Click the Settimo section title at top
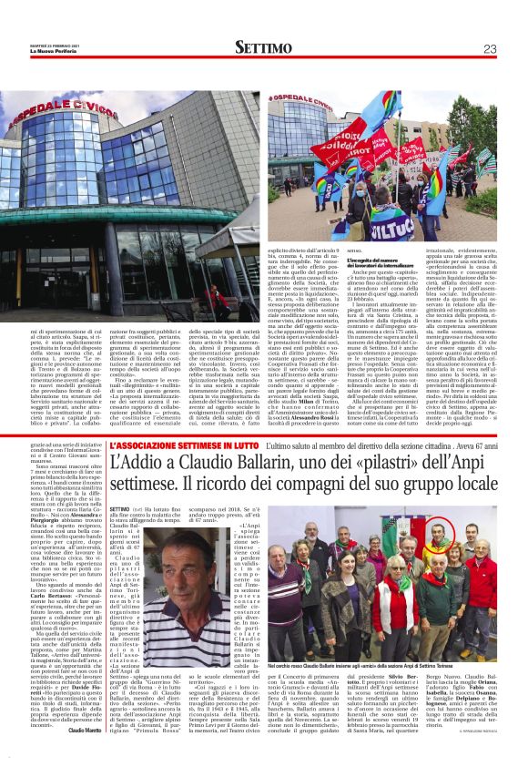click(x=265, y=46)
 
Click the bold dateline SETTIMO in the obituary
click(x=118, y=509)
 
